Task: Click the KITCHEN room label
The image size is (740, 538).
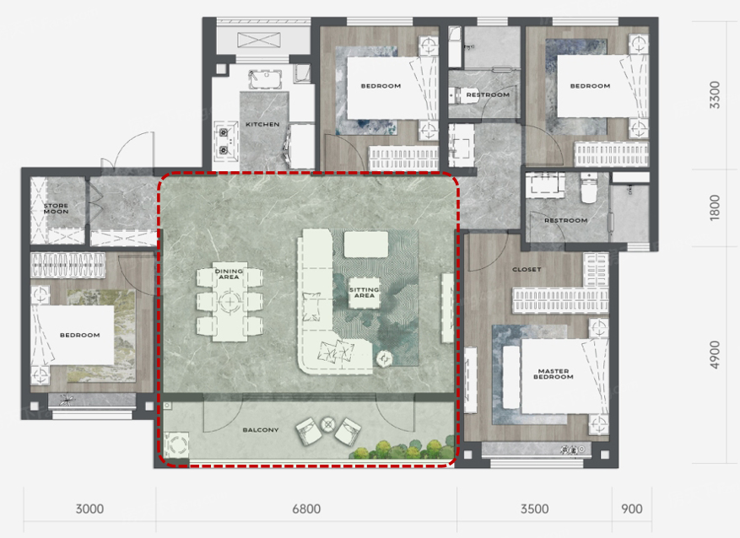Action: [x=262, y=125]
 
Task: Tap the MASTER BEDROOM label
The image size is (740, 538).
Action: [x=554, y=374]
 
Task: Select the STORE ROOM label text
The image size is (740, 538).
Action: [x=57, y=208]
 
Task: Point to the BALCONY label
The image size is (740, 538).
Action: [x=261, y=430]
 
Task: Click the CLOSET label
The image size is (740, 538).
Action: [x=527, y=270]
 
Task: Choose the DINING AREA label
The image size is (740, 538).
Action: [x=229, y=274]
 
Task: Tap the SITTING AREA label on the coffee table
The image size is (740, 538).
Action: [x=365, y=293]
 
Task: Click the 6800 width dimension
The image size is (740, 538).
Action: [x=306, y=509]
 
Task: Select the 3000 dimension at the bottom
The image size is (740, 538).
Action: [x=89, y=509]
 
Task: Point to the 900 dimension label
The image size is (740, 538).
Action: [x=631, y=509]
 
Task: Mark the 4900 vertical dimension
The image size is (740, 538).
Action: [x=715, y=355]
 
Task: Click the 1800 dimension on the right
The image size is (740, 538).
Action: [x=715, y=207]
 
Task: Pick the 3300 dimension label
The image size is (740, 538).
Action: [x=715, y=94]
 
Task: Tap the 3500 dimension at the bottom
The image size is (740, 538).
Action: [x=535, y=509]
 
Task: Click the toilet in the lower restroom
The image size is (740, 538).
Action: [x=588, y=188]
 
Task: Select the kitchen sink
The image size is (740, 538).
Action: [x=265, y=79]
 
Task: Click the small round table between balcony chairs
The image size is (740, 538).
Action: [x=327, y=425]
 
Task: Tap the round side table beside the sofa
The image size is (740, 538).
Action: [x=384, y=360]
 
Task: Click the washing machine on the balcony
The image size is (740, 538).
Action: [x=176, y=444]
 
